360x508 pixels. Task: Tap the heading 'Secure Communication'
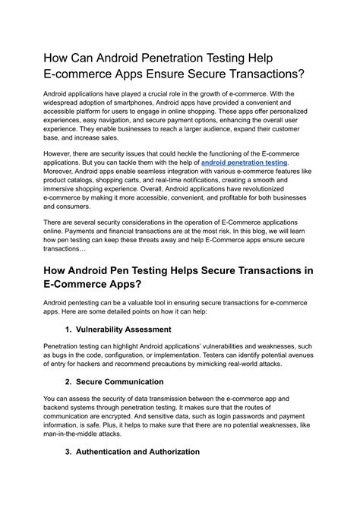(x=121, y=383)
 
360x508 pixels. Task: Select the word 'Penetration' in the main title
(x=182, y=58)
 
